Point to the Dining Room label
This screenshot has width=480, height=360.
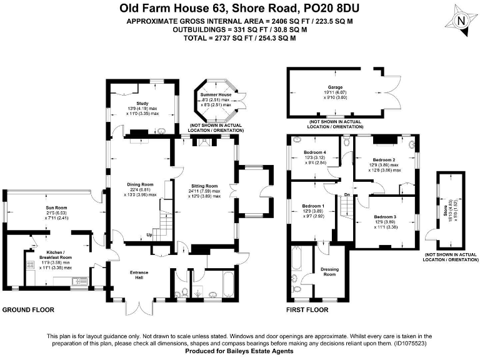click(x=139, y=185)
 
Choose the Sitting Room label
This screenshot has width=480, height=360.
click(x=204, y=186)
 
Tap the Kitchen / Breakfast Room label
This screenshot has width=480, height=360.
click(x=57, y=257)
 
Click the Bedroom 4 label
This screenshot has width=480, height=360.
click(x=315, y=152)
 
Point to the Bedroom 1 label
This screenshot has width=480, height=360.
click(x=313, y=206)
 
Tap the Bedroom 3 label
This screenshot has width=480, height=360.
click(x=385, y=217)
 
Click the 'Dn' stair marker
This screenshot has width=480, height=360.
click(x=347, y=195)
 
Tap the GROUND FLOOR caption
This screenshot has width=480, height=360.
click(x=29, y=310)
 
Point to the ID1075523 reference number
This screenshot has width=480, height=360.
click(x=410, y=344)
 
